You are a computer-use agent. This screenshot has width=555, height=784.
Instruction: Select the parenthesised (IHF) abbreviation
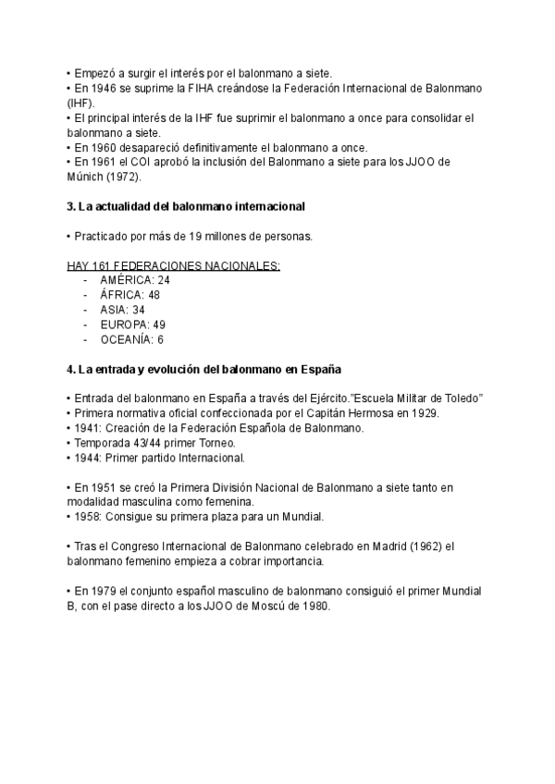pos(80,103)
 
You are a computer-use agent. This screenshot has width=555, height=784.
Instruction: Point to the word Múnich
pos(87,177)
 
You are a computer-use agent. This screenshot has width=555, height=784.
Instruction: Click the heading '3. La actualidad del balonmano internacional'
pos(186,206)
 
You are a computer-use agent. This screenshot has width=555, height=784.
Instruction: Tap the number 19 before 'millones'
pos(181,236)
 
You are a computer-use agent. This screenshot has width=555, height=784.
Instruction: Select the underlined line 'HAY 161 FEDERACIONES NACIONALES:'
pos(174,265)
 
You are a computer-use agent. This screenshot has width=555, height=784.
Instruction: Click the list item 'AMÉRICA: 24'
pos(135,280)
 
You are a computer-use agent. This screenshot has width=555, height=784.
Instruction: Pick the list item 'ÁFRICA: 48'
pos(131,295)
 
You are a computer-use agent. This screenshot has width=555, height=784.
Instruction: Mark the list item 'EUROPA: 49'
pos(132,325)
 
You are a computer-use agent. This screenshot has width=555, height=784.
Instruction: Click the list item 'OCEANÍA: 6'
pos(131,339)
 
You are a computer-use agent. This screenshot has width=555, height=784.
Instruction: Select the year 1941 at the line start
pos(85,428)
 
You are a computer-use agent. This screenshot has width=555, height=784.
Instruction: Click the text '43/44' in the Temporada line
pos(138,443)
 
